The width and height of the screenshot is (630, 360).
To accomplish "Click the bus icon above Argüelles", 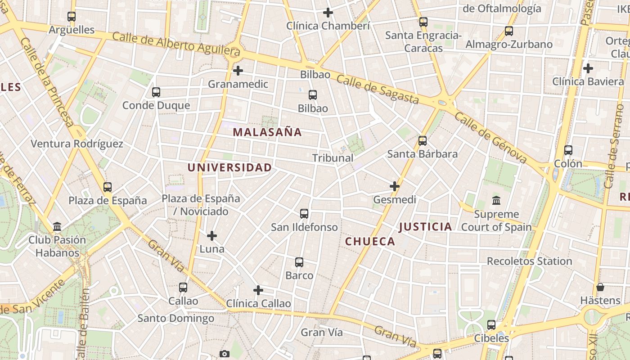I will click(72, 17).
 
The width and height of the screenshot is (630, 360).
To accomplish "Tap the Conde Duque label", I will click(156, 105).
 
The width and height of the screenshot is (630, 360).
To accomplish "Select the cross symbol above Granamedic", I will click(238, 71).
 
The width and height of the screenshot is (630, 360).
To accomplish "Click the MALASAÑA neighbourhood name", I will click(267, 132).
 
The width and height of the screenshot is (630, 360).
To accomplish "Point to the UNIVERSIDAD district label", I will click(229, 168).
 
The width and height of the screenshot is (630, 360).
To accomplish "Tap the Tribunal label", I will click(333, 158).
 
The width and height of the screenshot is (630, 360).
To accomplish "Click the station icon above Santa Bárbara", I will click(423, 141).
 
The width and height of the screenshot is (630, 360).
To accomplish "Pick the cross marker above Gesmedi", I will click(395, 186).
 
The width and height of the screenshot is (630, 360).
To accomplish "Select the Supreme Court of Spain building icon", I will click(496, 201).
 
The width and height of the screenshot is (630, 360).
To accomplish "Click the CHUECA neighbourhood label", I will click(370, 242).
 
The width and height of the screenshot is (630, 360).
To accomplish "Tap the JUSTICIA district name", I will click(425, 227).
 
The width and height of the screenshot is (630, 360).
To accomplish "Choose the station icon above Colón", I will click(568, 150).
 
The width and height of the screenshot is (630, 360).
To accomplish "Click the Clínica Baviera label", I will click(588, 81).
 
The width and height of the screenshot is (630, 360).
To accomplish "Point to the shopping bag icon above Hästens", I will click(600, 287).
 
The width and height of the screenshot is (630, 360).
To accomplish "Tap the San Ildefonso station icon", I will click(304, 214).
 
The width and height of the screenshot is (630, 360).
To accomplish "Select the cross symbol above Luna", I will click(212, 235).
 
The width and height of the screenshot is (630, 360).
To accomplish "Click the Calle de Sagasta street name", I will click(377, 90).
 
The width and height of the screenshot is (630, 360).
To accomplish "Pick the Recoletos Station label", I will click(529, 261).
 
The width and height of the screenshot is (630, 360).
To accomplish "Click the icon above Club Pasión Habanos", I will click(57, 226).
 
